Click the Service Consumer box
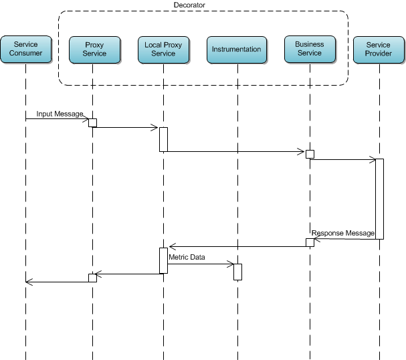pyautogui.click(x=25, y=50)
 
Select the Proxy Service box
pyautogui.click(x=94, y=50)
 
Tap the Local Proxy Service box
pyautogui.click(x=163, y=50)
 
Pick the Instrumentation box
pyautogui.click(x=236, y=50)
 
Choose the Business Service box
pyautogui.click(x=309, y=50)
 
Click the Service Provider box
pyautogui.click(x=379, y=50)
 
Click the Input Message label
pyautogui.click(x=60, y=114)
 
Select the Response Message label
pyautogui.click(x=343, y=234)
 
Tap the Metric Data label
pyautogui.click(x=187, y=257)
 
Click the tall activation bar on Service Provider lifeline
pyautogui.click(x=379, y=198)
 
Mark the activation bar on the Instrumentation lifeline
pyautogui.click(x=237, y=272)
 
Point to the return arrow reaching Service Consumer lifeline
pyautogui.click(x=57, y=282)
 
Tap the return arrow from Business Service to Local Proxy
pyautogui.click(x=237, y=247)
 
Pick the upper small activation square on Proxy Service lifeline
pyautogui.click(x=93, y=122)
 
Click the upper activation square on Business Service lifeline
pyautogui.click(x=310, y=155)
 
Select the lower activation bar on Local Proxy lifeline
pyautogui.click(x=163, y=260)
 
